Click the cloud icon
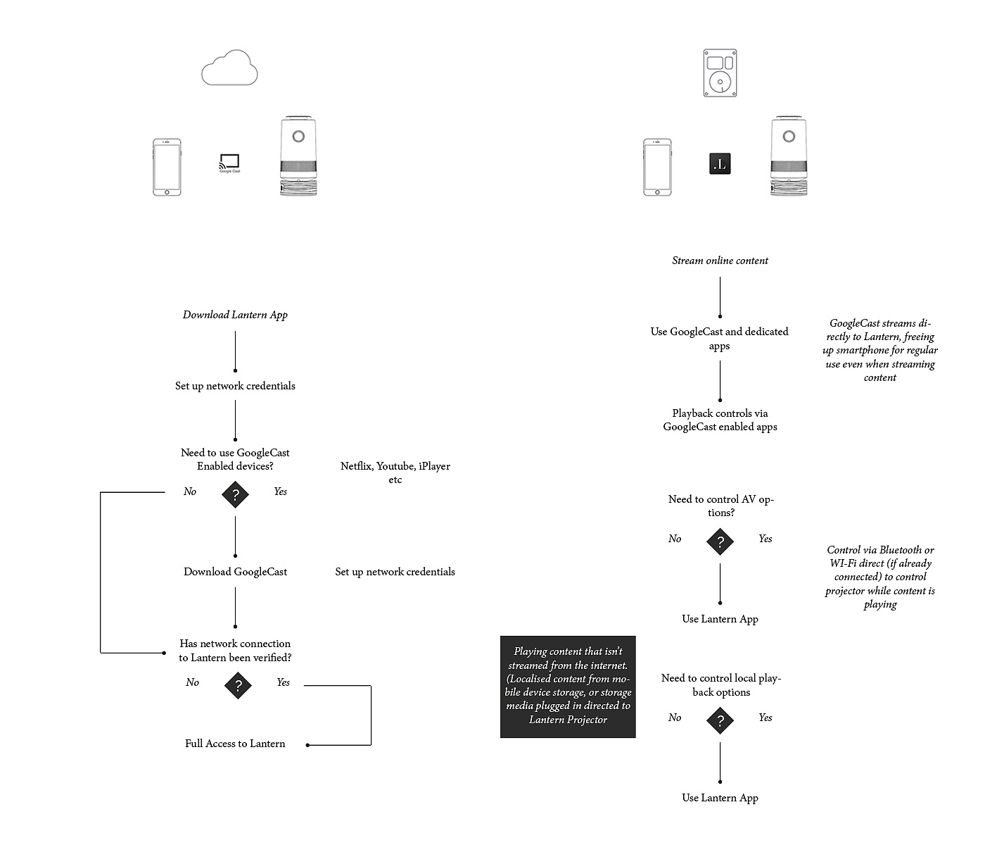pyautogui.click(x=229, y=68)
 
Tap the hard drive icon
pyautogui.click(x=720, y=73)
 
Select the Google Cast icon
pyautogui.click(x=229, y=163)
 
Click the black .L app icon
pyautogui.click(x=720, y=163)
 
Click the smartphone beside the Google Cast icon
pyautogui.click(x=167, y=167)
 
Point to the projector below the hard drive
pyautogui.click(x=789, y=156)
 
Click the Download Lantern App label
pyautogui.click(x=235, y=315)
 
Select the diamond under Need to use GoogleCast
pyautogui.click(x=236, y=495)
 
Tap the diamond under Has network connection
pyautogui.click(x=238, y=685)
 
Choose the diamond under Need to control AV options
pyautogui.click(x=720, y=542)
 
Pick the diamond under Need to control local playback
pyautogui.click(x=720, y=720)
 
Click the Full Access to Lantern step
pyautogui.click(x=235, y=744)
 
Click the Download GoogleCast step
pyautogui.click(x=235, y=572)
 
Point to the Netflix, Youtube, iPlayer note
pyautogui.click(x=395, y=472)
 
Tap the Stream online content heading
pyautogui.click(x=720, y=261)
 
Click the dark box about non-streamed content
pyautogui.click(x=568, y=687)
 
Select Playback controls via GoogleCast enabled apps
pyautogui.click(x=720, y=420)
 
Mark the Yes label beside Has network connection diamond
pyautogui.click(x=283, y=682)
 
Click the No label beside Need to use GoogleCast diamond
pyautogui.click(x=190, y=492)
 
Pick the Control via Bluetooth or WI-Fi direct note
pyautogui.click(x=880, y=577)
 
